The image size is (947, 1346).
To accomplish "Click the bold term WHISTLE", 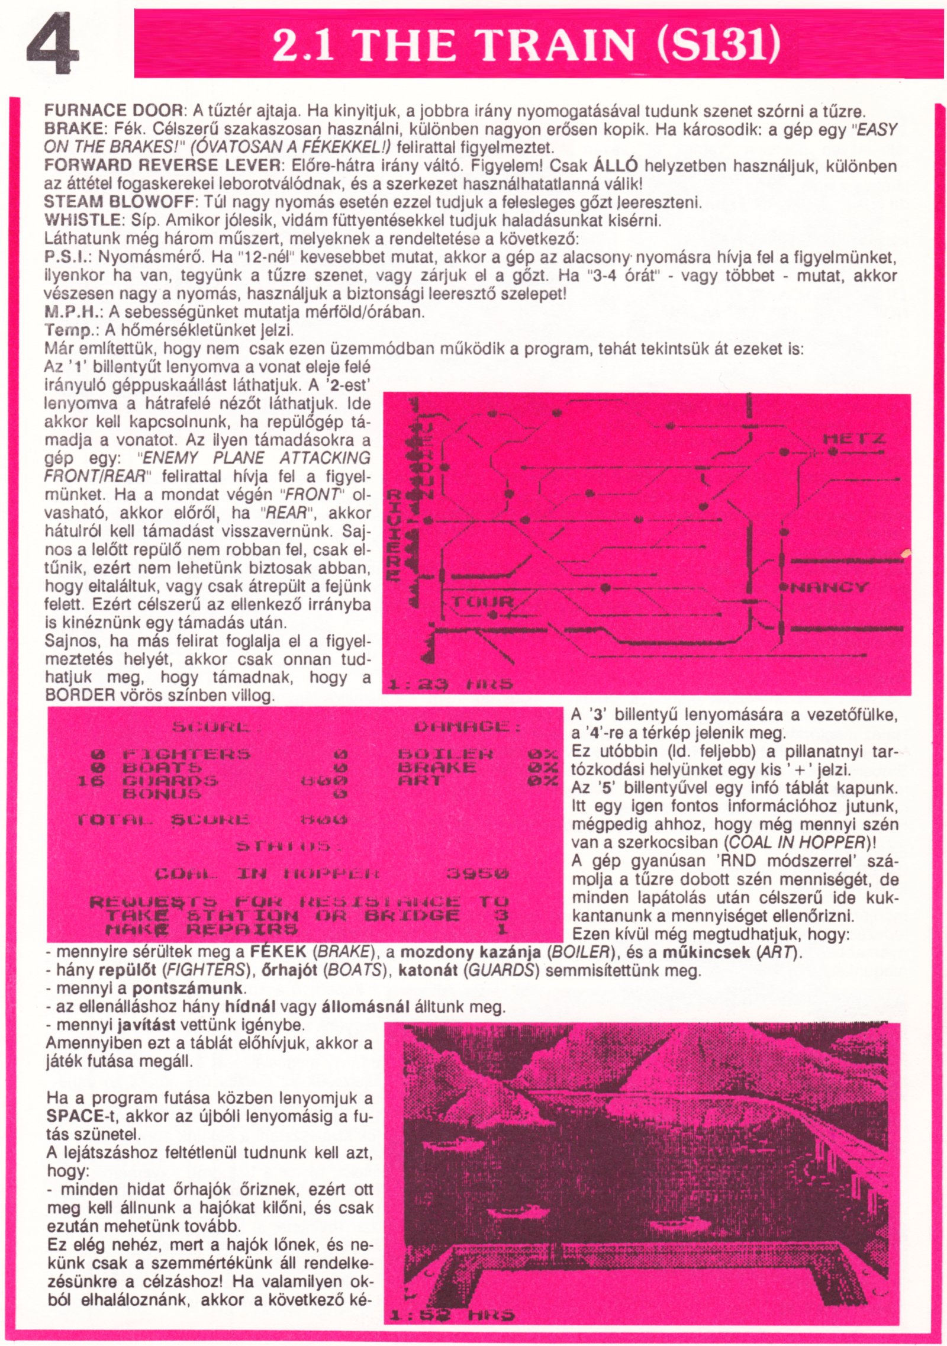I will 82,221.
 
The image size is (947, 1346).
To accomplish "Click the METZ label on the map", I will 853,439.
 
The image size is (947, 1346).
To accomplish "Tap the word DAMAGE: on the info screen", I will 468,727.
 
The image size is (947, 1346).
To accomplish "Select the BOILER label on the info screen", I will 445,754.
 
